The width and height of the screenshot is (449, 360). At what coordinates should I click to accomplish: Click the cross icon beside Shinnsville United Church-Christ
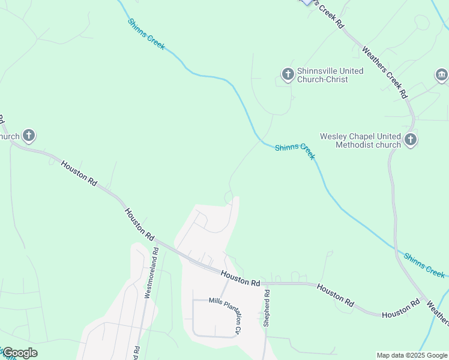pyautogui.click(x=288, y=74)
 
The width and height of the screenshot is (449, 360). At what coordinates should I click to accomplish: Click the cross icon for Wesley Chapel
pyautogui.click(x=411, y=140)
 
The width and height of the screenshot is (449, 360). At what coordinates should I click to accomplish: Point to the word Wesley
pyautogui.click(x=333, y=136)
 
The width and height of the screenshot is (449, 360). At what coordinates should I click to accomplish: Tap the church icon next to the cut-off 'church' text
pyautogui.click(x=28, y=136)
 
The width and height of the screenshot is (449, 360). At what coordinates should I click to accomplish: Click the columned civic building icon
pyautogui.click(x=442, y=75)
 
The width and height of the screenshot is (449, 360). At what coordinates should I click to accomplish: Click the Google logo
pyautogui.click(x=19, y=353)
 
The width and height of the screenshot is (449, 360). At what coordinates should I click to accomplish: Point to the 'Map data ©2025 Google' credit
pyautogui.click(x=412, y=355)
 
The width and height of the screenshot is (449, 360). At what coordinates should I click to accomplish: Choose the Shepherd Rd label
pyautogui.click(x=267, y=308)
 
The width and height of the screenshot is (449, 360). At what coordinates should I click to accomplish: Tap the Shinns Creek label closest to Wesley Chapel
pyautogui.click(x=295, y=151)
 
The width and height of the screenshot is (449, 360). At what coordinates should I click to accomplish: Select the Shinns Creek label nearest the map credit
pyautogui.click(x=424, y=265)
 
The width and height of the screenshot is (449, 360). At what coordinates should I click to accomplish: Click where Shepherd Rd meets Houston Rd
pyautogui.click(x=265, y=284)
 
